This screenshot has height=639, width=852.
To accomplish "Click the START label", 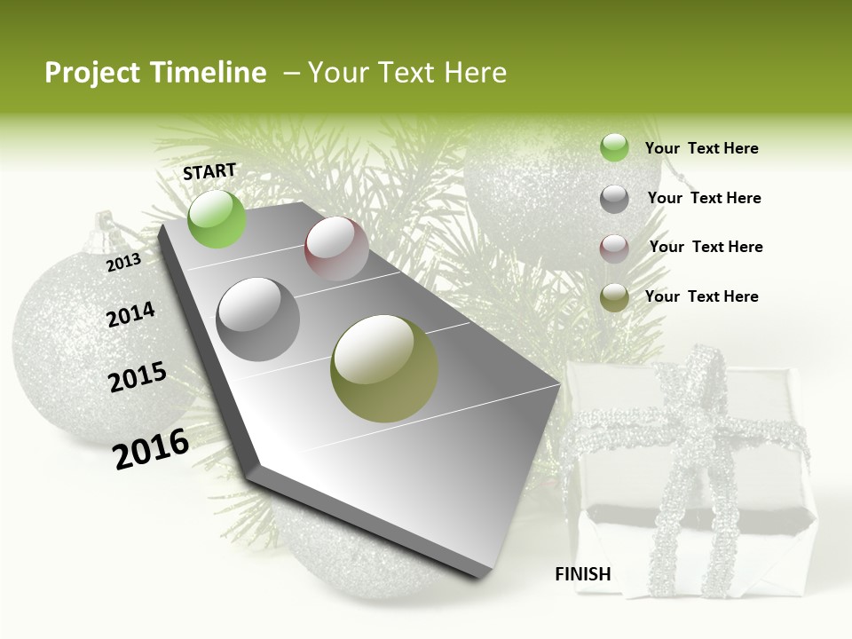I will pyautogui.click(x=209, y=170).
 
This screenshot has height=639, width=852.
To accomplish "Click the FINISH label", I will pyautogui.click(x=582, y=574).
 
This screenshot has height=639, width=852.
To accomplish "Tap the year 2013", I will pyautogui.click(x=123, y=262).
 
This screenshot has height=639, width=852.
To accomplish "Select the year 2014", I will pyautogui.click(x=130, y=315).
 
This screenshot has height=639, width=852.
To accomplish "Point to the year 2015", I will pyautogui.click(x=138, y=377).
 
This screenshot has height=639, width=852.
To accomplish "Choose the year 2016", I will pyautogui.click(x=151, y=449).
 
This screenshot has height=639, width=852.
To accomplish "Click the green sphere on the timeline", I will pyautogui.click(x=217, y=218).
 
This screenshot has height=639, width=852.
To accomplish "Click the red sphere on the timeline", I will pyautogui.click(x=336, y=248).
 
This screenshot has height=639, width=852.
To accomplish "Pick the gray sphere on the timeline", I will pyautogui.click(x=258, y=319).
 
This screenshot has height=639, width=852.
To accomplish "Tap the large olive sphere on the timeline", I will pyautogui.click(x=384, y=368).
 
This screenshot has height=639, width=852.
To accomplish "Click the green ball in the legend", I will pyautogui.click(x=614, y=148).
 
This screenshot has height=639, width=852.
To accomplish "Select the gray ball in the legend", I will pyautogui.click(x=614, y=199).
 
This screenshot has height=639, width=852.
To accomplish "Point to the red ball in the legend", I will pyautogui.click(x=614, y=248).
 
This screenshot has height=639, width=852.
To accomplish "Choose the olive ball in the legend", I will pyautogui.click(x=614, y=297).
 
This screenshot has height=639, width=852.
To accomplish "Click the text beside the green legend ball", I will pyautogui.click(x=701, y=148).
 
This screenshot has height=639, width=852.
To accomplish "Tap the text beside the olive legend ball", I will pyautogui.click(x=701, y=296).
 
